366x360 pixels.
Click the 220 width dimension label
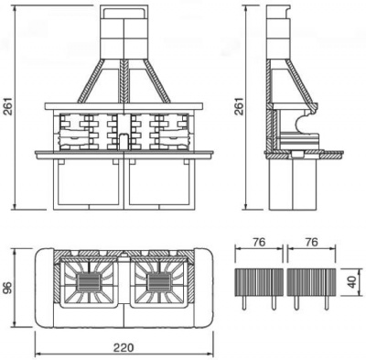[x=124, y=347]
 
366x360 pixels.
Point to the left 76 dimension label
[x=260, y=243]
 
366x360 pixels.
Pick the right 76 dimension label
[x=312, y=243]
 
